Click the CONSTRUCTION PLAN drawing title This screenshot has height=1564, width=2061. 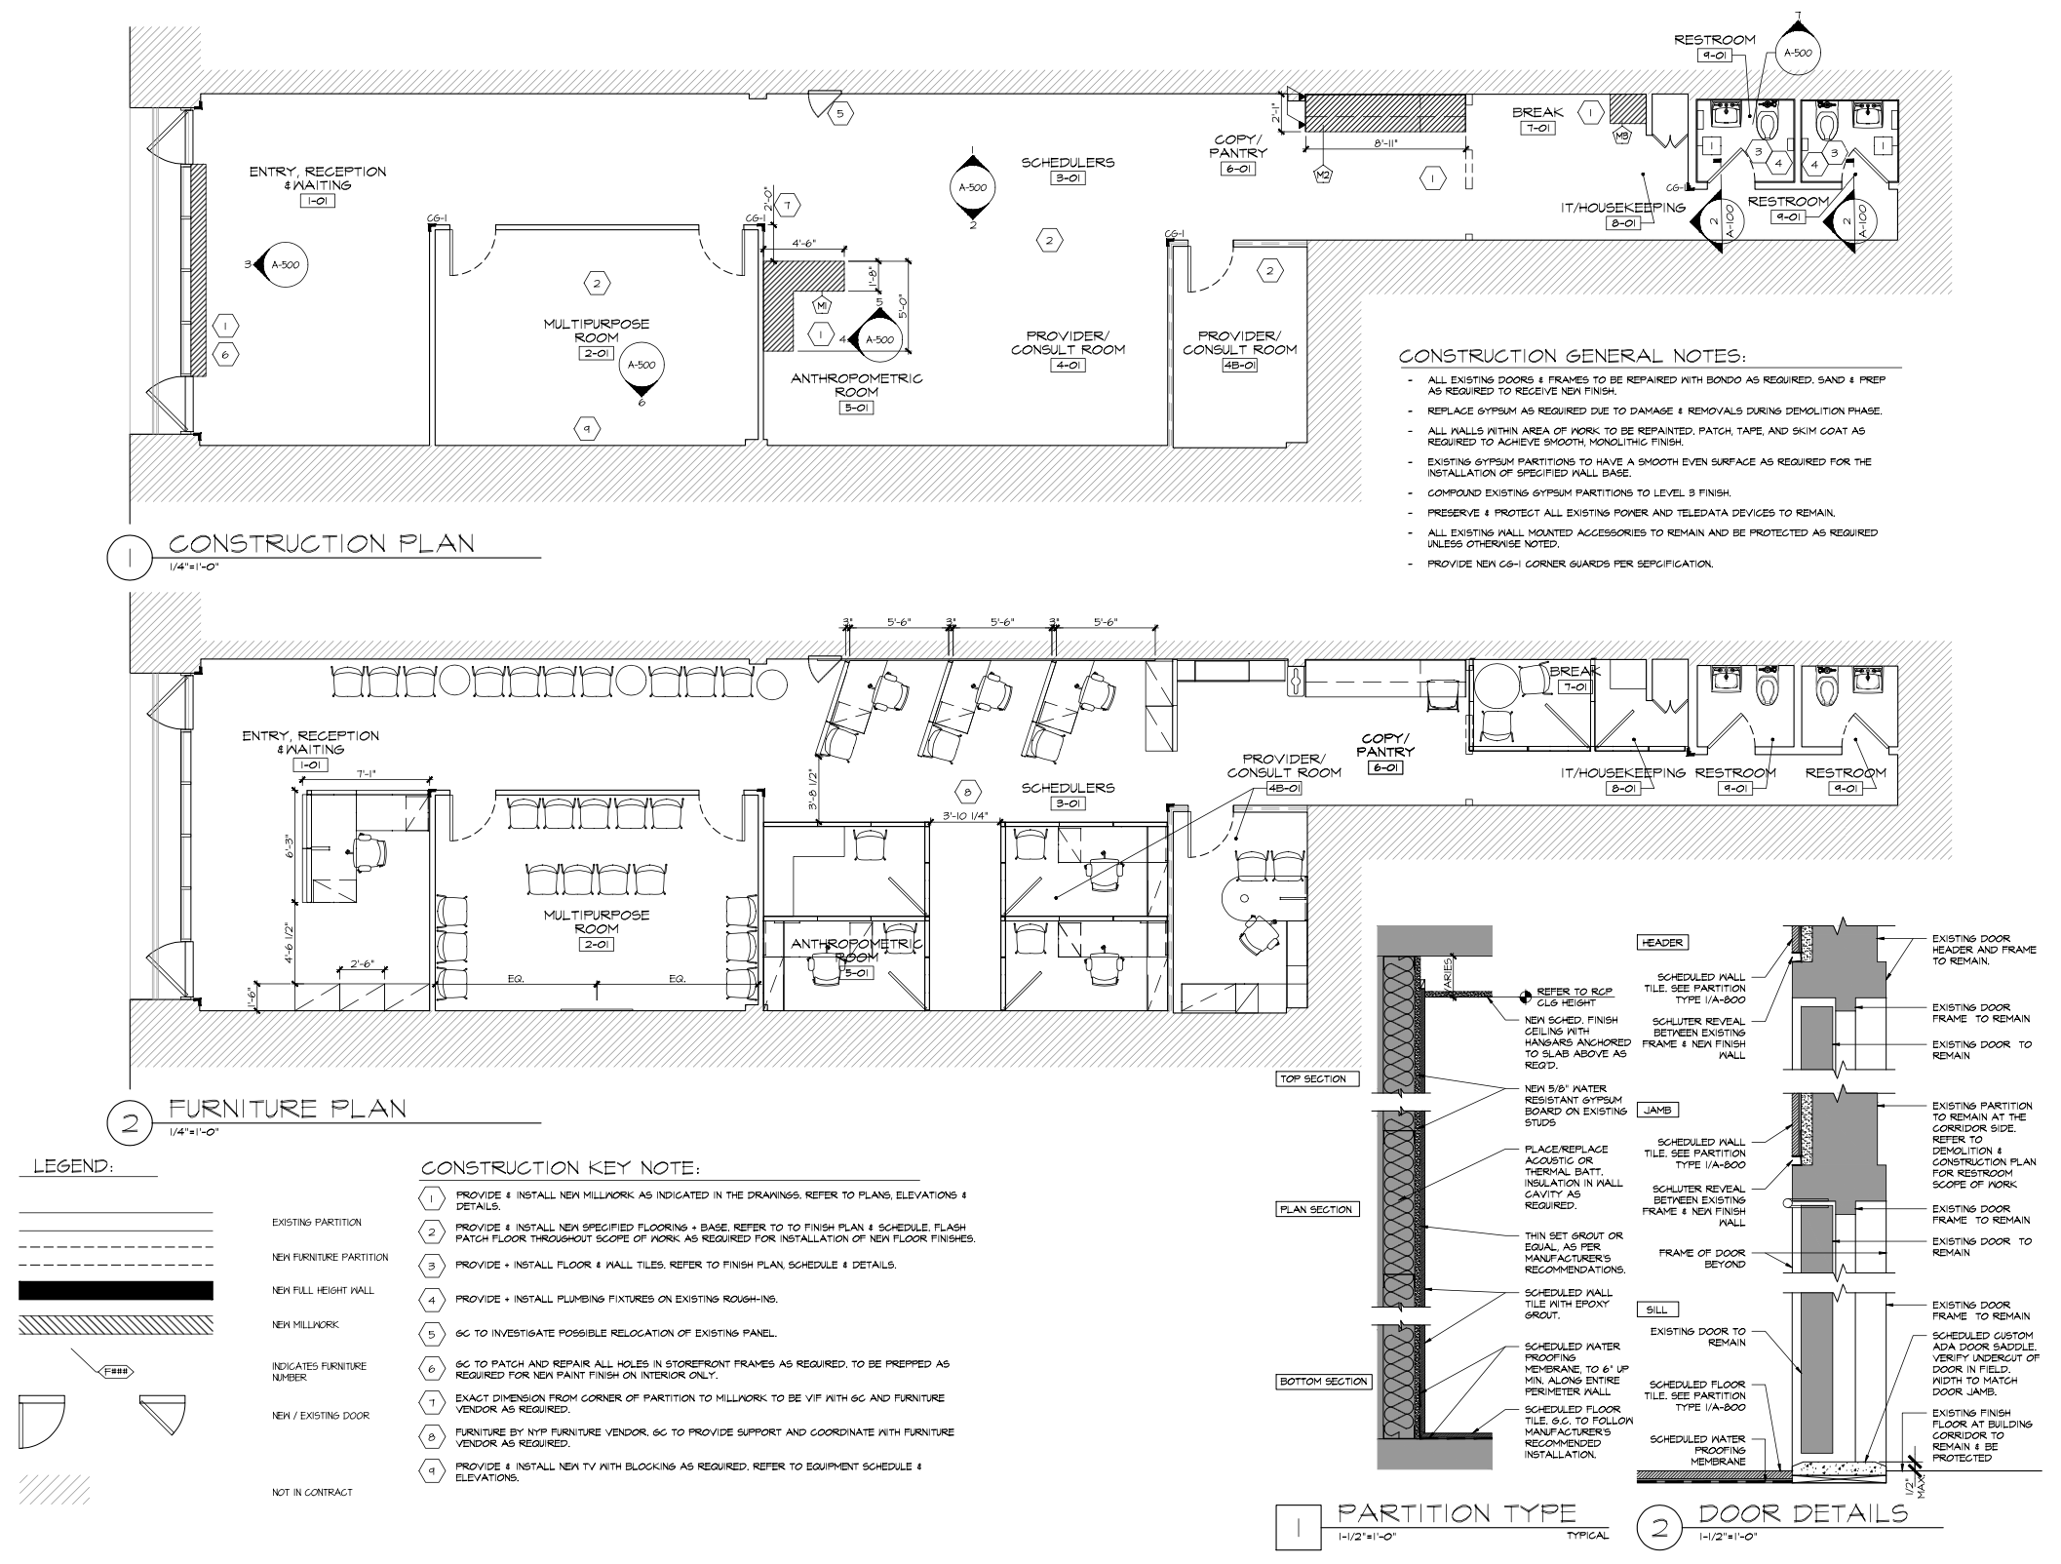[x=322, y=543]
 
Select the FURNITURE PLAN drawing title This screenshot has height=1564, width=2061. [x=288, y=1109]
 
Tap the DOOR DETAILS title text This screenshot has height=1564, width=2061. [x=1803, y=1513]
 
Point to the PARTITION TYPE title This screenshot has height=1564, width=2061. [x=1457, y=1513]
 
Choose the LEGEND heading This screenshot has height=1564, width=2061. [x=74, y=1166]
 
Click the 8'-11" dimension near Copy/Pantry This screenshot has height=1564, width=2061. [x=1386, y=142]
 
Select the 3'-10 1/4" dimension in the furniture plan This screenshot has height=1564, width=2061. [x=965, y=816]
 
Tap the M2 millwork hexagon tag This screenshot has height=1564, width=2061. [x=1323, y=176]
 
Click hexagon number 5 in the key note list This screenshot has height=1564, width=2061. [x=431, y=1334]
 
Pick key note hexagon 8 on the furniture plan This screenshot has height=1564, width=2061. [x=967, y=791]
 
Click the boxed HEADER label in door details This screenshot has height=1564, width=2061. [x=1662, y=943]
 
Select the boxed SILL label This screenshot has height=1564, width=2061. [x=1654, y=1310]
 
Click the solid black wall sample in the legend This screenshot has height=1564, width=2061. [x=115, y=1291]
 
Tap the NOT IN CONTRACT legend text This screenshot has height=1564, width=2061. [x=312, y=1493]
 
